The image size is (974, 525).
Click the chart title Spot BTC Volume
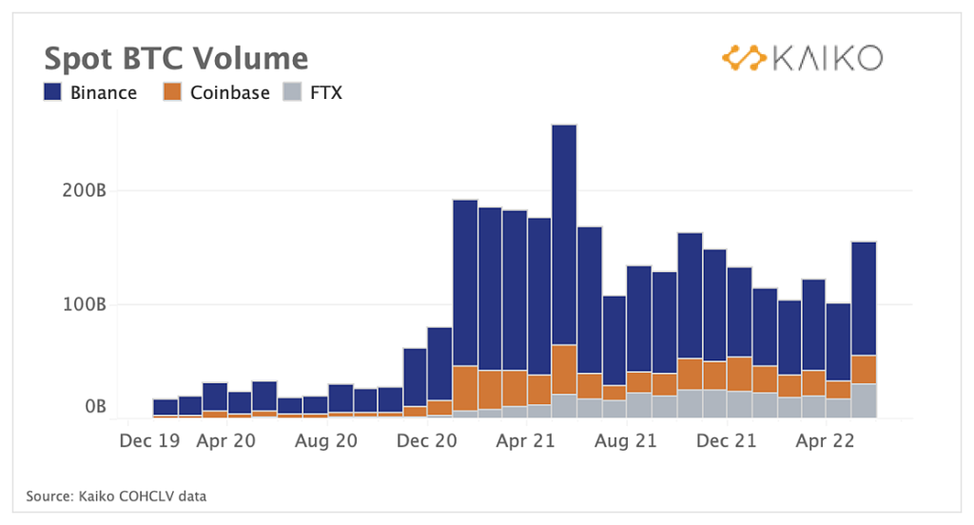(176, 58)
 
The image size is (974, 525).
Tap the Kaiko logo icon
(744, 58)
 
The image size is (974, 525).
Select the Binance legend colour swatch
(53, 92)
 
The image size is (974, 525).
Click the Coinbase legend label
(230, 92)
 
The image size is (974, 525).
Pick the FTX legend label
(326, 92)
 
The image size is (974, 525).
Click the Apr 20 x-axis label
(226, 441)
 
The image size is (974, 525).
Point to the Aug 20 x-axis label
(326, 441)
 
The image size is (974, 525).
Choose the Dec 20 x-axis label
(426, 441)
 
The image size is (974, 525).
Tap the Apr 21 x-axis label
(526, 441)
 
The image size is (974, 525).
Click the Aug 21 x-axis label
(626, 441)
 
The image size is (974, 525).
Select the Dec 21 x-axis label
(726, 441)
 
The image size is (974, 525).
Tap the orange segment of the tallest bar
(564, 369)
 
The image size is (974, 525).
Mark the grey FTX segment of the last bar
(864, 400)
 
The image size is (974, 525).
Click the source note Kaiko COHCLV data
(116, 496)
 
